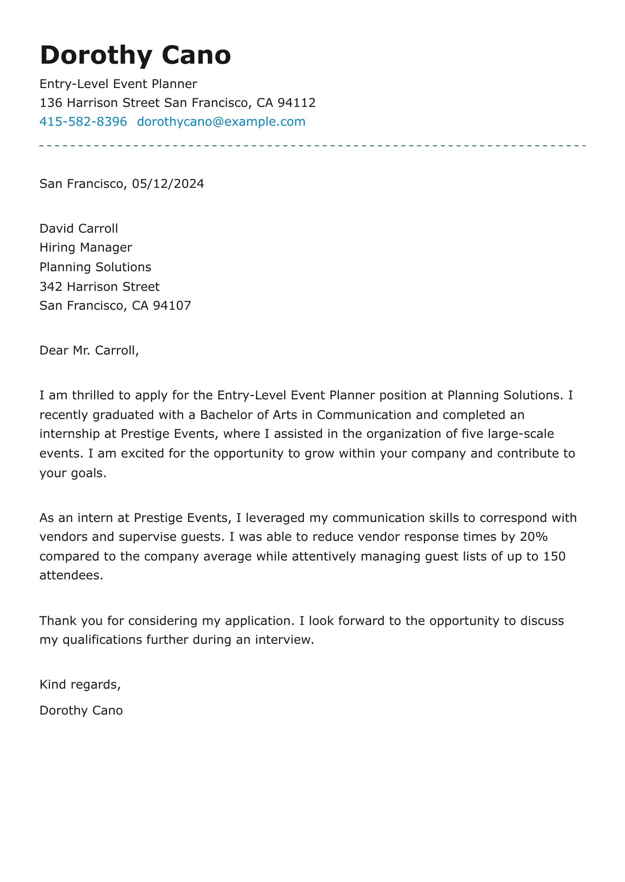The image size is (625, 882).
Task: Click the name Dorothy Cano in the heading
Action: (135, 55)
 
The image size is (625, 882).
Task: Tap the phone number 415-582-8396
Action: (83, 121)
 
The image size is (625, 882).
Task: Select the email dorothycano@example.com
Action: (221, 121)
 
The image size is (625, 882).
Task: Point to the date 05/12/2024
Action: (168, 184)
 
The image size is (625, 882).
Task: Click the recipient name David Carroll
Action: (79, 228)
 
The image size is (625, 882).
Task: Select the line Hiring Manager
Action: (86, 247)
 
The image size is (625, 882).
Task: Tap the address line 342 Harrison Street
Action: (100, 287)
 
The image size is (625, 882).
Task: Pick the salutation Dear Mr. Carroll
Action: (89, 350)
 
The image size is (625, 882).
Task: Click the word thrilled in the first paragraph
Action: (95, 395)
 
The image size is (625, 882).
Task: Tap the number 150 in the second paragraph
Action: (554, 556)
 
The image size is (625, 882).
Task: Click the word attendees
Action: (71, 575)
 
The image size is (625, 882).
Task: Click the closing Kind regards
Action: (80, 684)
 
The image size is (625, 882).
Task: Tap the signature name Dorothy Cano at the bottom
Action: (81, 710)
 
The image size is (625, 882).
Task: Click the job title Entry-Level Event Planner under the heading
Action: (118, 84)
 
